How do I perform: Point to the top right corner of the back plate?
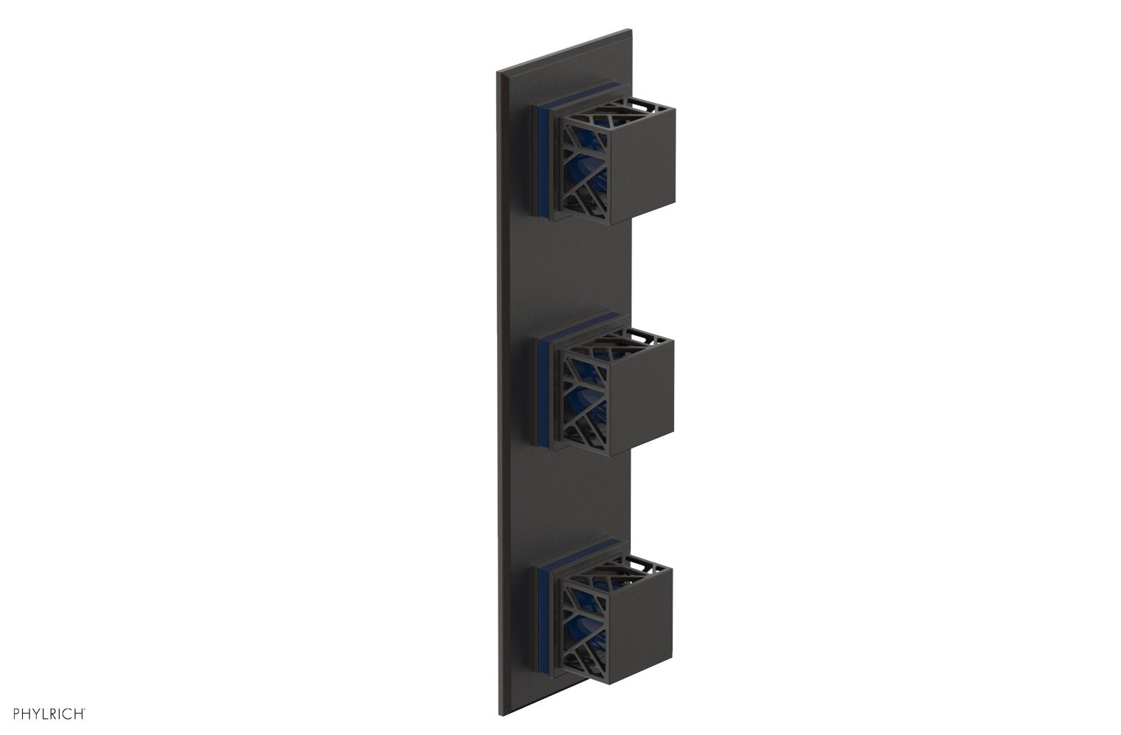630,30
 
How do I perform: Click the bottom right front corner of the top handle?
675,198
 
